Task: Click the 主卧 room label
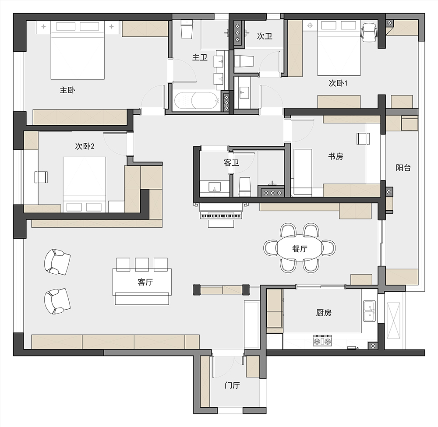tap(67, 91)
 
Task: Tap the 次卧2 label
tap(85, 146)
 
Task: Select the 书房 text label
tap(336, 156)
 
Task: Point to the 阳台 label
tap(403, 167)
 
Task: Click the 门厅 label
tap(232, 385)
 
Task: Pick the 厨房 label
tap(324, 312)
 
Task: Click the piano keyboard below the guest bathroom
tap(220, 215)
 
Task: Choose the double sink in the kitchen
tap(369, 311)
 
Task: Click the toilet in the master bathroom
tap(187, 29)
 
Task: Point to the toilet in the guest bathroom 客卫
tap(244, 187)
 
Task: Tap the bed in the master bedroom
tap(78, 50)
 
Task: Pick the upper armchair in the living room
tap(57, 262)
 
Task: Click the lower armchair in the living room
tap(57, 301)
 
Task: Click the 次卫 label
tap(265, 36)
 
